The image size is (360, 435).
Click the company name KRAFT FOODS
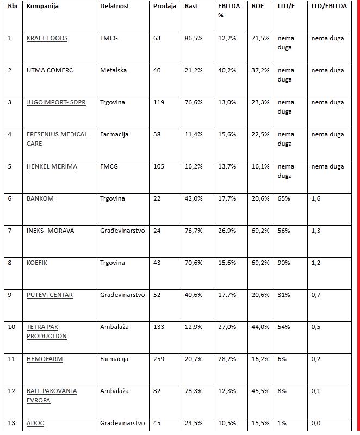(x=47, y=38)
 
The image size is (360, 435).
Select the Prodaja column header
(x=165, y=6)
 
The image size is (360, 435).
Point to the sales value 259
(x=159, y=359)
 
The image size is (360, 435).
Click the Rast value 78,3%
(x=194, y=391)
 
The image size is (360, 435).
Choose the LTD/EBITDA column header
(x=328, y=6)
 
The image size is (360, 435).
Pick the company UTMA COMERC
(x=49, y=70)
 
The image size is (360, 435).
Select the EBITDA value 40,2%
(x=227, y=70)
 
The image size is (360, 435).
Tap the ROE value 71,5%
(x=260, y=38)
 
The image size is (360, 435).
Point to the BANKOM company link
(x=40, y=198)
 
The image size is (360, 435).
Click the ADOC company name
(x=36, y=423)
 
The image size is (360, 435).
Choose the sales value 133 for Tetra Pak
(x=159, y=327)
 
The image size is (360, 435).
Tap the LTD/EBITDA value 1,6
(x=316, y=198)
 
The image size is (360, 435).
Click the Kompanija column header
(x=42, y=6)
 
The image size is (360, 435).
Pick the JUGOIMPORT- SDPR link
(x=60, y=102)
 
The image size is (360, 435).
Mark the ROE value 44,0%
(x=260, y=327)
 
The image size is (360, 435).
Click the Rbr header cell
(x=13, y=6)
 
